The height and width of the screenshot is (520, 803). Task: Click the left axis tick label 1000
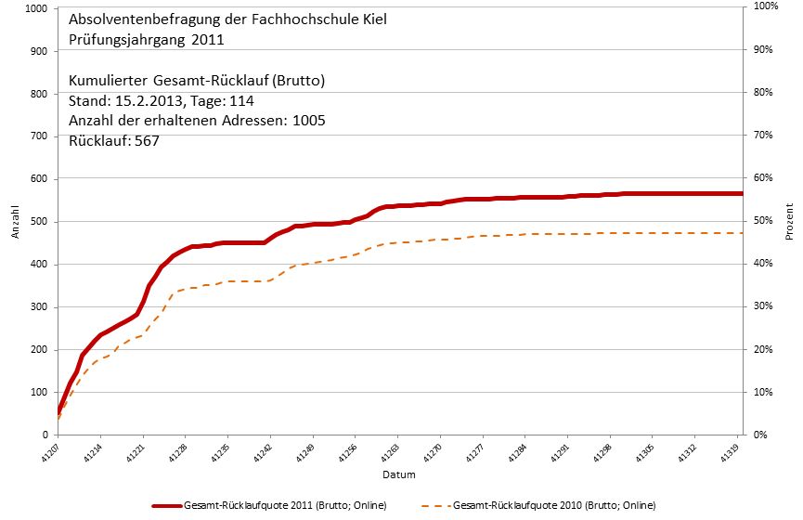point(36,8)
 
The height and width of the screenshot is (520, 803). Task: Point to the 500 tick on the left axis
point(39,221)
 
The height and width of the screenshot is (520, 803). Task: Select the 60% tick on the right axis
point(763,178)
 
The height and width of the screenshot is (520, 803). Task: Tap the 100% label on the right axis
point(765,6)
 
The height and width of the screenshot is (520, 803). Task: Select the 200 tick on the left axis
point(39,349)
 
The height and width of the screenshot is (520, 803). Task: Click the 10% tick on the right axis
point(763,392)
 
